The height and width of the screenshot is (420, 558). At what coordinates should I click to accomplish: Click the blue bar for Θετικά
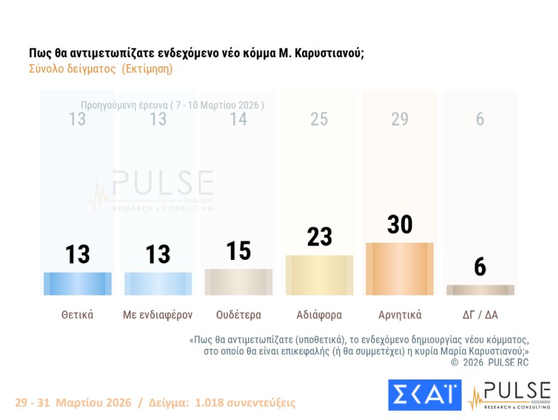pyautogui.click(x=77, y=283)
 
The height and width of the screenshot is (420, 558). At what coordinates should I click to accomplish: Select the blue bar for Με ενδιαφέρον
pyautogui.click(x=158, y=283)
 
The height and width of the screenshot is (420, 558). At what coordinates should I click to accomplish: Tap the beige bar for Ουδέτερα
pyautogui.click(x=238, y=282)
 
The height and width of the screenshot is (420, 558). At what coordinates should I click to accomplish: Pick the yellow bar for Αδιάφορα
pyautogui.click(x=319, y=275)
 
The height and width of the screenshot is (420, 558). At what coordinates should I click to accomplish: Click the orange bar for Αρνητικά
pyautogui.click(x=399, y=268)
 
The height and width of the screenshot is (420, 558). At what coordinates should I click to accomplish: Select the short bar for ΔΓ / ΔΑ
pyautogui.click(x=480, y=290)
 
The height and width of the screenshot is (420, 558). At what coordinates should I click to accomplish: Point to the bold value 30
pyautogui.click(x=399, y=224)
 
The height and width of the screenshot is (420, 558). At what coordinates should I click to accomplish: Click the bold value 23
pyautogui.click(x=319, y=236)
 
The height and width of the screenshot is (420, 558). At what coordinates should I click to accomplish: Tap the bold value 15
pyautogui.click(x=238, y=251)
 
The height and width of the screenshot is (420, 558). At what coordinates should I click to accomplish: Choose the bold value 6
pyautogui.click(x=480, y=267)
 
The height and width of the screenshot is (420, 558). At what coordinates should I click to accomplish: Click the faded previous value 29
pyautogui.click(x=399, y=120)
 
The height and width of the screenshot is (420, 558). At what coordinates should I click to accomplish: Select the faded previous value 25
pyautogui.click(x=319, y=120)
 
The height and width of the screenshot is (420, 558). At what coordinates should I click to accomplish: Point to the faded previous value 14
pyautogui.click(x=238, y=120)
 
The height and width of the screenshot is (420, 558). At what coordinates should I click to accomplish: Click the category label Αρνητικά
pyautogui.click(x=399, y=314)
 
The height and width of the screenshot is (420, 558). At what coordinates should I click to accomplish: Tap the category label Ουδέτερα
pyautogui.click(x=238, y=314)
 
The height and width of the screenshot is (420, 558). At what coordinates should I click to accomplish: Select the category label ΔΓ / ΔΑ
pyautogui.click(x=480, y=314)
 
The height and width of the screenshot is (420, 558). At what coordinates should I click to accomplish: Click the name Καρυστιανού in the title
pyautogui.click(x=328, y=53)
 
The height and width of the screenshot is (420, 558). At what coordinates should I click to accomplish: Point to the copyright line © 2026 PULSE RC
pyautogui.click(x=490, y=362)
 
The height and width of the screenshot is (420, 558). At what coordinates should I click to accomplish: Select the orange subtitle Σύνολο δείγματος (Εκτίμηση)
pyautogui.click(x=101, y=69)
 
